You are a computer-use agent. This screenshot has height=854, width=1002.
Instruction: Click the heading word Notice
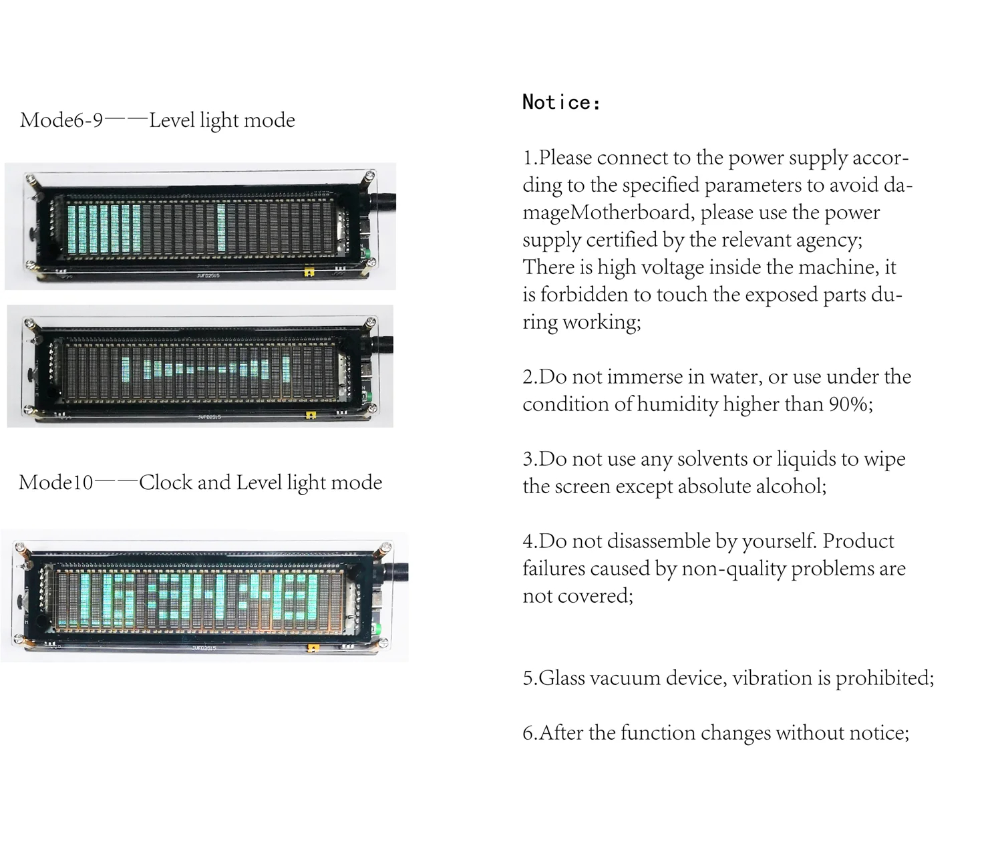point(560,102)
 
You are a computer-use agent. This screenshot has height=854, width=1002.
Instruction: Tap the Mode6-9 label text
point(61,120)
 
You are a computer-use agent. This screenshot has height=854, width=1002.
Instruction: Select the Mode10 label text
point(55,482)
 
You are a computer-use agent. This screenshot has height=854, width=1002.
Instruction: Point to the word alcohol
point(790,486)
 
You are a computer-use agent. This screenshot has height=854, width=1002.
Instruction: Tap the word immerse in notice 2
point(640,377)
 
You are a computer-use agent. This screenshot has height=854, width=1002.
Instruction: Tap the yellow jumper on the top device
point(308,272)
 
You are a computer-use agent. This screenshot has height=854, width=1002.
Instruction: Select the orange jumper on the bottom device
point(312,647)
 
